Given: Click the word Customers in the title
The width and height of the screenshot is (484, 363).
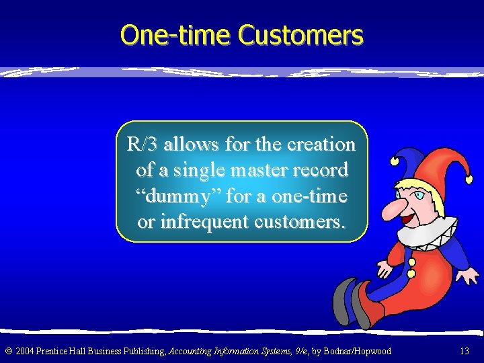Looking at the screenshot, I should (301, 35).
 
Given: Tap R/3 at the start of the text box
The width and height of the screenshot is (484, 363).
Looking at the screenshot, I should (143, 145).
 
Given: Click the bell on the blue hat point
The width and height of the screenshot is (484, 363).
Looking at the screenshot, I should (394, 160).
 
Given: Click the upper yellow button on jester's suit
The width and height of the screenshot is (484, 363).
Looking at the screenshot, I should (411, 261).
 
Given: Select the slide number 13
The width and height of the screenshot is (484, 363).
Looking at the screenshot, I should (464, 351).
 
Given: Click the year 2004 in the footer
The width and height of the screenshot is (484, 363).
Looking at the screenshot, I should (26, 351).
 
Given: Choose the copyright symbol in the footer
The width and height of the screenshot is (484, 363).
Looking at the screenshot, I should (7, 351).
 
